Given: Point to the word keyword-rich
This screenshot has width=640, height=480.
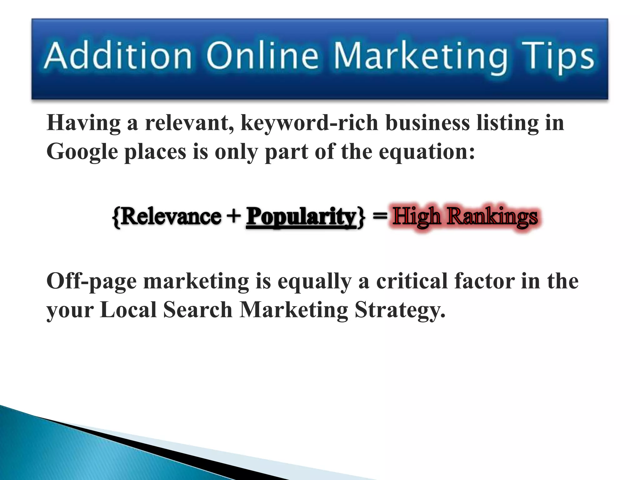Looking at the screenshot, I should tap(309, 123).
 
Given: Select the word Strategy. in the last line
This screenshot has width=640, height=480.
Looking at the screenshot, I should tap(400, 311).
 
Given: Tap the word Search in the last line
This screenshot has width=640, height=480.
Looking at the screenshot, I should tap(197, 310).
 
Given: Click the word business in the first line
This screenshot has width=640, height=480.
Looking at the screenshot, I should tap(427, 122).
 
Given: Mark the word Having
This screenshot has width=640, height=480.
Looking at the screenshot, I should tap(83, 123).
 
